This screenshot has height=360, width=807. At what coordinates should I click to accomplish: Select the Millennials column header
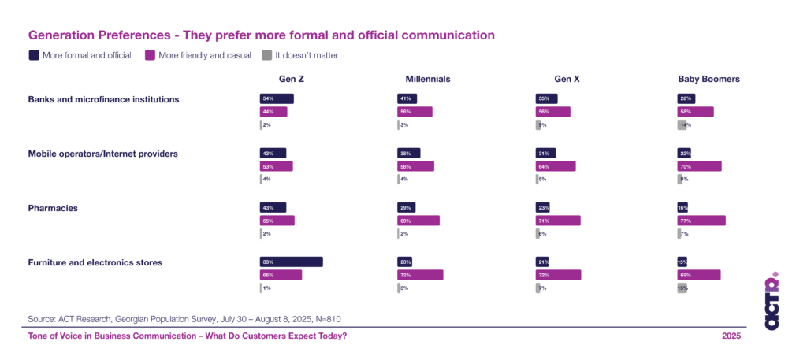tap(427, 79)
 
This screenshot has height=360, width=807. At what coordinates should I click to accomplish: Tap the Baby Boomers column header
tap(708, 79)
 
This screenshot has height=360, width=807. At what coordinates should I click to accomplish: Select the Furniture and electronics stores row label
tap(95, 262)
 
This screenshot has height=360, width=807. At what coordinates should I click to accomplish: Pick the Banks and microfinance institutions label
tap(103, 99)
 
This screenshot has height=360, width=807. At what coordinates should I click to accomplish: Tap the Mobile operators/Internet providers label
tap(102, 154)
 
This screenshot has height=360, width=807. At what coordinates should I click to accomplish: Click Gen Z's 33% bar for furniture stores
tap(291, 262)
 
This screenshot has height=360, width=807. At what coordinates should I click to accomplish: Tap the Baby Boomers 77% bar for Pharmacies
tap(701, 221)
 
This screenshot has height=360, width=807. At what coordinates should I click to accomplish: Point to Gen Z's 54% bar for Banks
tap(277, 98)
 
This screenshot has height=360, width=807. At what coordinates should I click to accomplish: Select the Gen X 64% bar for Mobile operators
tap(556, 166)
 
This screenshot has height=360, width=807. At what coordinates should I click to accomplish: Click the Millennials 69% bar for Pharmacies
tap(418, 221)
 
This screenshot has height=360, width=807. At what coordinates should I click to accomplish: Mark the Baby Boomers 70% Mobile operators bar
tap(699, 166)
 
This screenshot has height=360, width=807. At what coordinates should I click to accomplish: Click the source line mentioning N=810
tap(184, 318)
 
